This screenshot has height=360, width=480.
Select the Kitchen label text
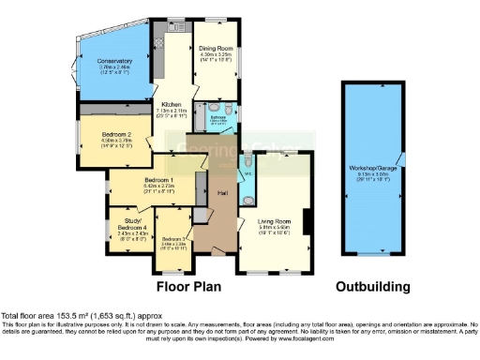click(x=172, y=104)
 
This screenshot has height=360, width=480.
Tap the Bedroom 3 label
click(x=175, y=239)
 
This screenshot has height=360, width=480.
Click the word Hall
click(x=223, y=193)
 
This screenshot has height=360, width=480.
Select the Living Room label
click(x=277, y=220)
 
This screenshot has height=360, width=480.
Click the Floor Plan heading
click(x=195, y=285)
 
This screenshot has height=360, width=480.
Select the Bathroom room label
click(x=217, y=118)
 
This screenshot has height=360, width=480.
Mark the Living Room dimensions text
click(x=277, y=229)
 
